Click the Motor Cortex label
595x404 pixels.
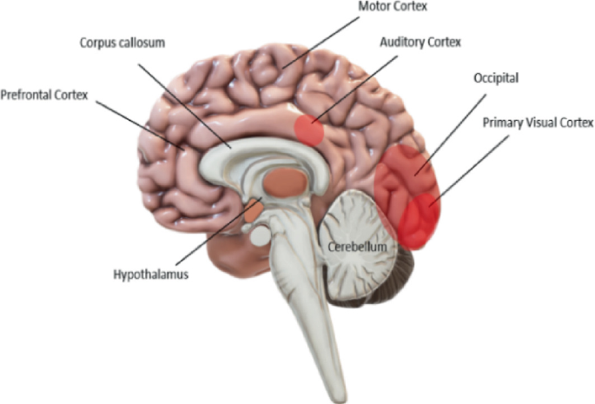(393, 6)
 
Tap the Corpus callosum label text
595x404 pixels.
(122, 43)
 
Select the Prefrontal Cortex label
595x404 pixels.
(44, 95)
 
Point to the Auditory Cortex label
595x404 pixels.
(420, 42)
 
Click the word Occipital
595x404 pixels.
(496, 78)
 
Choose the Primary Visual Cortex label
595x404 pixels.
(538, 123)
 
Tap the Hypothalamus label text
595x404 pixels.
(151, 275)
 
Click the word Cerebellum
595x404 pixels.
(358, 247)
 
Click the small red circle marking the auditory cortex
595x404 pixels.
(309, 130)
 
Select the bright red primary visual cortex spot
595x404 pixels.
(419, 221)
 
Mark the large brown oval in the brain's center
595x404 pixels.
(286, 182)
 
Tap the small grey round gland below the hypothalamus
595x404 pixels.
(260, 235)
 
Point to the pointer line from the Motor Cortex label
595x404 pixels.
(321, 43)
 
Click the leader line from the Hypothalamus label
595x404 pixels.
(219, 231)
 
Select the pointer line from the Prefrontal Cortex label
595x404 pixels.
(140, 126)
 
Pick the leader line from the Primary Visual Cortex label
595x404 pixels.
(469, 171)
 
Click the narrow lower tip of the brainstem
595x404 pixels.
(339, 395)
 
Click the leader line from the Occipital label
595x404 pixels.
(450, 135)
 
